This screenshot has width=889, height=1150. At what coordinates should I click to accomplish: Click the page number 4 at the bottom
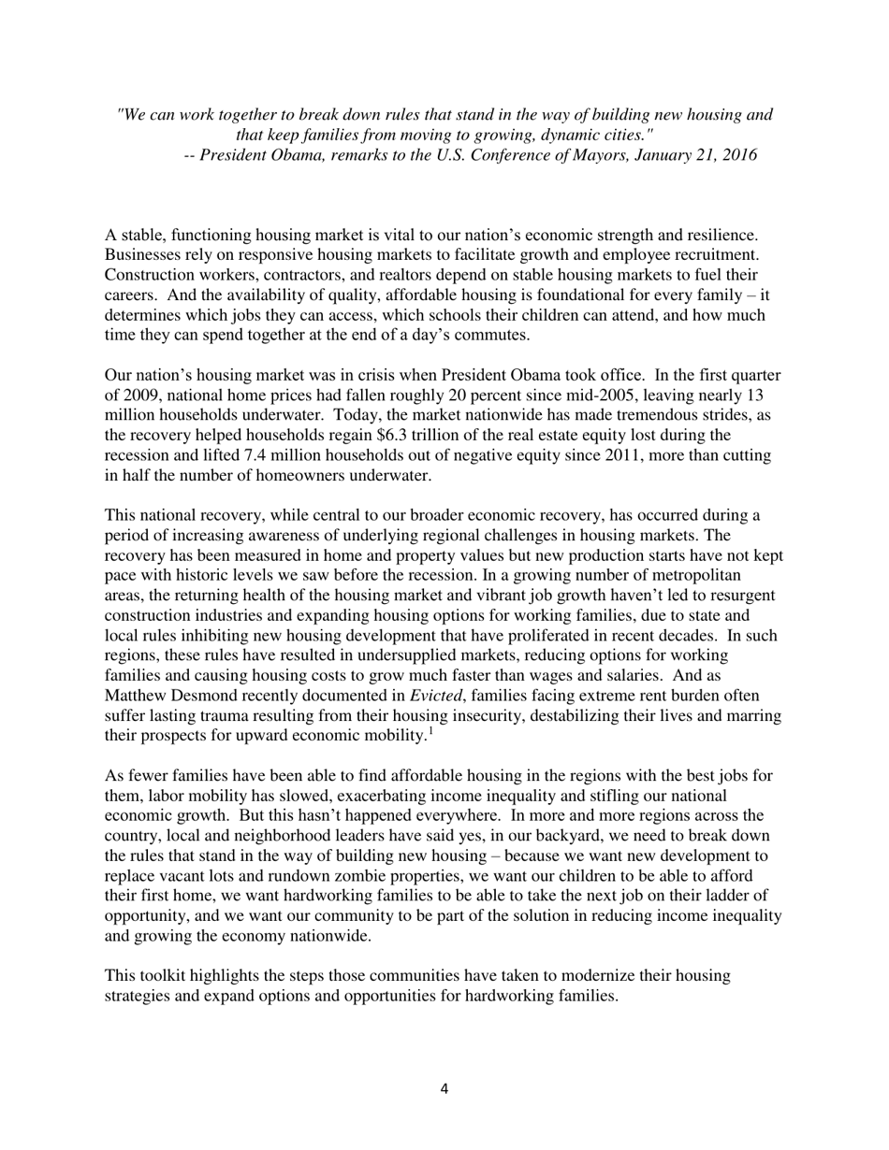pos(444,1087)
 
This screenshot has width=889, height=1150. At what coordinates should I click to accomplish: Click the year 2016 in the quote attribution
pos(737,155)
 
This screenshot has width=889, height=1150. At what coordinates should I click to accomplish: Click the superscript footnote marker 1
pos(430,730)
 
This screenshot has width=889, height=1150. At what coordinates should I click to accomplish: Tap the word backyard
pos(537,836)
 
